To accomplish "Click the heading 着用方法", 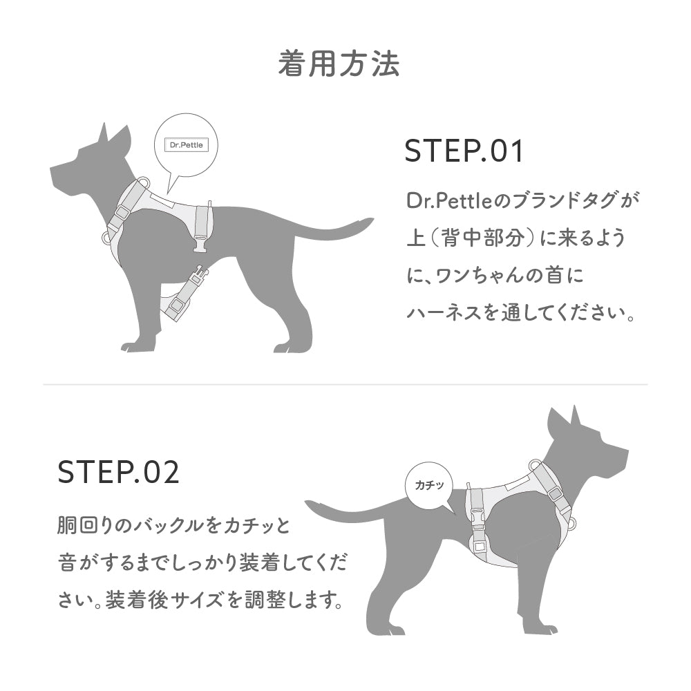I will click(339, 64).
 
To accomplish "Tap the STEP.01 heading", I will click(464, 151).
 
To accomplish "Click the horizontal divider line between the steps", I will click(345, 384).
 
